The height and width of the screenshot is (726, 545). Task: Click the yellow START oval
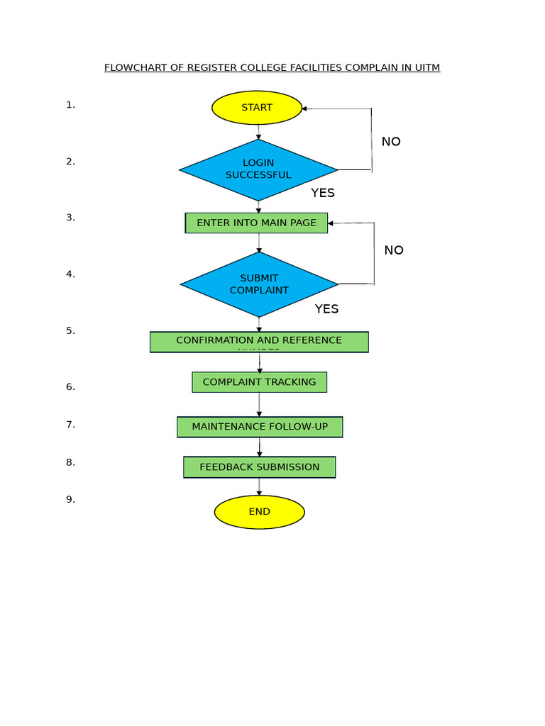(x=257, y=108)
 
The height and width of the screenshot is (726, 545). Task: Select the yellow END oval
(x=259, y=512)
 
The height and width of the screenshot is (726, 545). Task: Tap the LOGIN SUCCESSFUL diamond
(x=258, y=169)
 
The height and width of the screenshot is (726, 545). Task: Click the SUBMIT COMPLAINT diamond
(x=259, y=284)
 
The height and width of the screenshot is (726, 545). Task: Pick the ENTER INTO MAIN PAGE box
(x=256, y=223)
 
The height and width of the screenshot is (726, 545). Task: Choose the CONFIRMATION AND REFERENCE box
(x=259, y=342)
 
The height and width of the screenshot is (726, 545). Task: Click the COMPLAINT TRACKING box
(x=259, y=382)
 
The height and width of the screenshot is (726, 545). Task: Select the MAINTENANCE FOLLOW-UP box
(x=260, y=427)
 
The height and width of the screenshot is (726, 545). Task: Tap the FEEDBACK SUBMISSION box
(x=259, y=467)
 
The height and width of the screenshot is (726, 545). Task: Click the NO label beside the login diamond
(x=391, y=142)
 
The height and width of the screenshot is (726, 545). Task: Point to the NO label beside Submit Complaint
(x=394, y=250)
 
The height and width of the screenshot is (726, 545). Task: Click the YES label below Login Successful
(x=323, y=193)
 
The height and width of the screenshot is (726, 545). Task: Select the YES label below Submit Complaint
(x=326, y=309)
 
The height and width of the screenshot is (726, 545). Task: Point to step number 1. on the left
(x=70, y=105)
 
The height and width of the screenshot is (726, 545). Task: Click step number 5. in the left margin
(x=70, y=331)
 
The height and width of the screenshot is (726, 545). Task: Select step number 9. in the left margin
(x=70, y=500)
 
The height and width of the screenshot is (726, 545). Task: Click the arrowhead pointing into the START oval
(x=304, y=108)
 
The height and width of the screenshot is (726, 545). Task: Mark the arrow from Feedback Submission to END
(x=259, y=486)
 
